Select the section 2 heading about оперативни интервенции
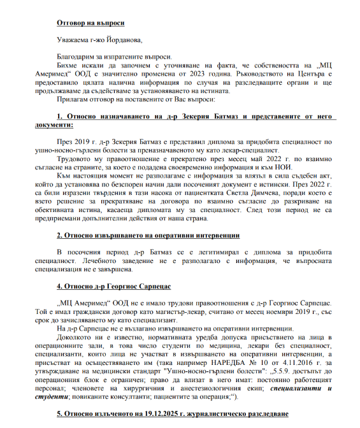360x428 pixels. (147, 235)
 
